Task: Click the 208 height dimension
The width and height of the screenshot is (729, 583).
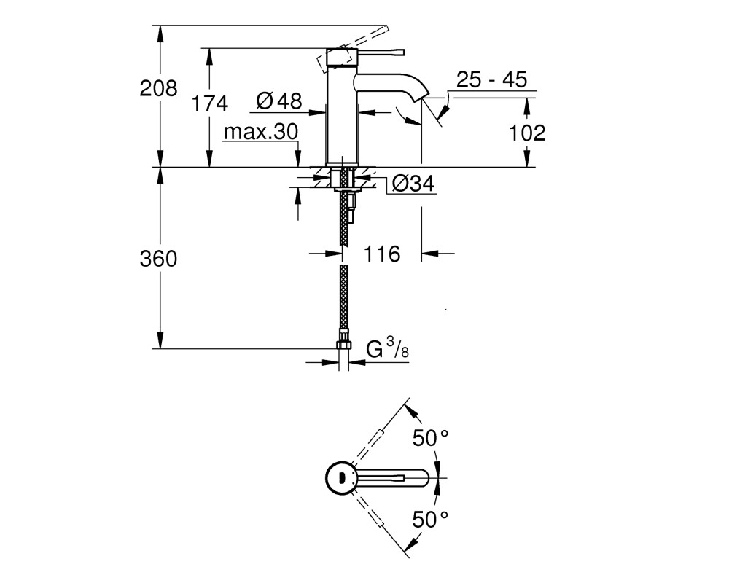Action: click(158, 88)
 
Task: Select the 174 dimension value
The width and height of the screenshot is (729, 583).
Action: click(210, 103)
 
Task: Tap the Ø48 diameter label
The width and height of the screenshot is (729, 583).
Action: click(279, 101)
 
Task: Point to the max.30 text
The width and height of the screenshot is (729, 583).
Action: click(261, 132)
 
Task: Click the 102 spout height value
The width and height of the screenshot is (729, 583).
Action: click(527, 133)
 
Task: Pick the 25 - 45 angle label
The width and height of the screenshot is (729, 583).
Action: click(491, 79)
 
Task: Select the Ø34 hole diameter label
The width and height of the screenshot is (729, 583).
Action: click(413, 184)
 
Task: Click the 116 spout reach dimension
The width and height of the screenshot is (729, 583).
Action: click(382, 254)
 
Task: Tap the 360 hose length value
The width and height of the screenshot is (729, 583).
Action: click(158, 259)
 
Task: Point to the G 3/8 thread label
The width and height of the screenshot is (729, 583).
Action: click(387, 349)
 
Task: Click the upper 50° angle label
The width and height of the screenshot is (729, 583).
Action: click(431, 438)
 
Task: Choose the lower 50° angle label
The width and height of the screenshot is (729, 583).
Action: click(431, 519)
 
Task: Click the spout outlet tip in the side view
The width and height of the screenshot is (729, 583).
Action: click(423, 97)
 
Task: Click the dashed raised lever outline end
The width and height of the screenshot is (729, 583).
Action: click(383, 30)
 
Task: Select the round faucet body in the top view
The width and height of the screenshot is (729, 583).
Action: click(340, 477)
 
